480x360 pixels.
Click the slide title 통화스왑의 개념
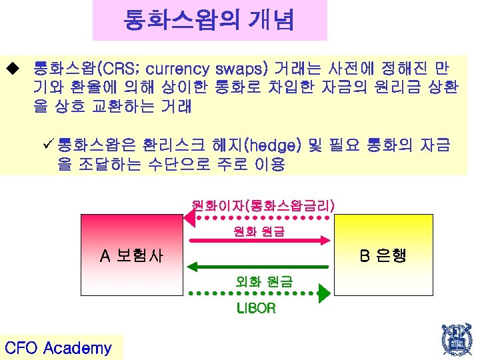click(x=209, y=21)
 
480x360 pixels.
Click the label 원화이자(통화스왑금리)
click(x=263, y=206)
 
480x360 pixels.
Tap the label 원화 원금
click(x=259, y=231)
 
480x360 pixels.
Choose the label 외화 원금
click(x=259, y=281)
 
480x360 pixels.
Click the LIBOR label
click(x=256, y=308)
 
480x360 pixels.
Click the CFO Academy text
click(x=58, y=347)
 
